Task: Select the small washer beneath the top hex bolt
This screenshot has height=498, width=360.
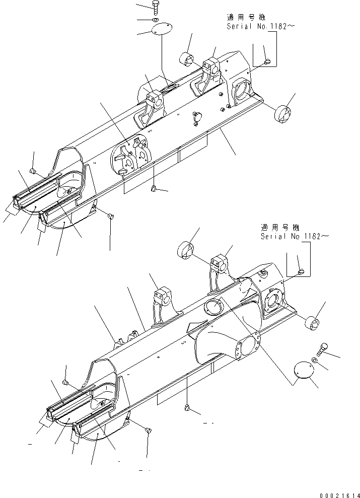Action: click(x=156, y=21)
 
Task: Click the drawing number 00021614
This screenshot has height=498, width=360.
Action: click(x=339, y=493)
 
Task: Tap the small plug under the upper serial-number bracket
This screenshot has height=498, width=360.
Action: click(x=268, y=61)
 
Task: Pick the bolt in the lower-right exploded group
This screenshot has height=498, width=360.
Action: click(x=324, y=348)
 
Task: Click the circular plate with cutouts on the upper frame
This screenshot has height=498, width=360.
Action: click(x=130, y=154)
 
